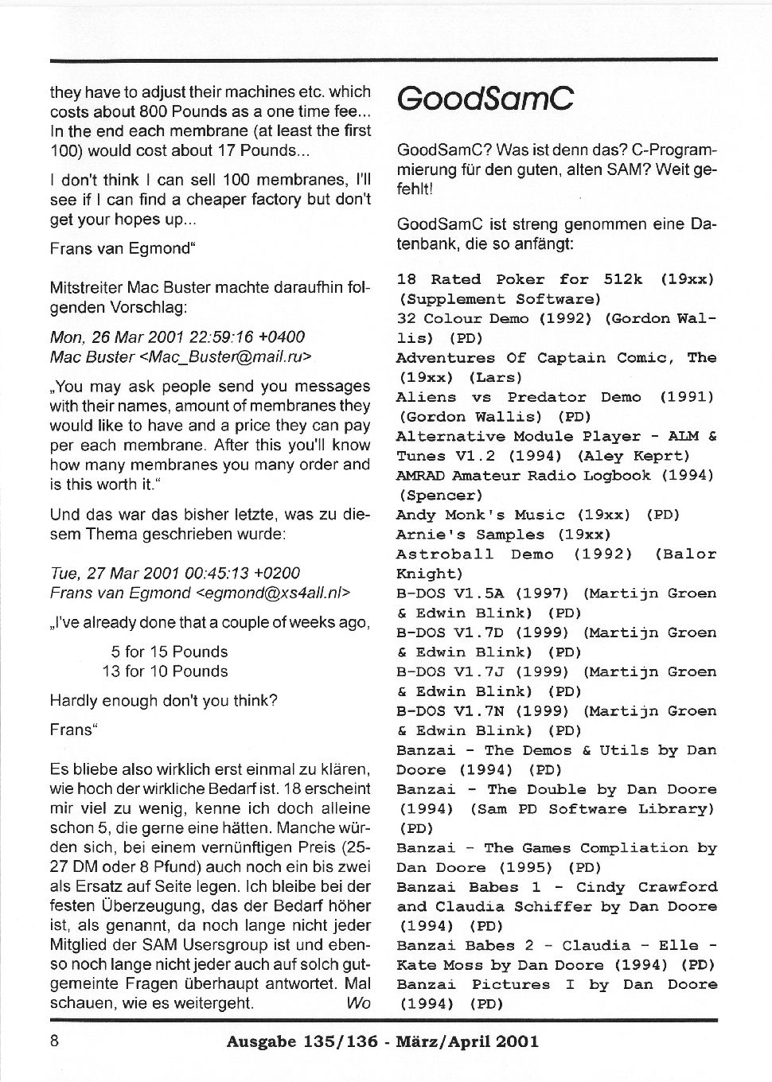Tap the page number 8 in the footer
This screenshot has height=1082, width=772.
[x=54, y=1041]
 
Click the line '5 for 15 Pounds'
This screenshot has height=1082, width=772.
[x=170, y=652]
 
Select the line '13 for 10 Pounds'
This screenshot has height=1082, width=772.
[x=165, y=671]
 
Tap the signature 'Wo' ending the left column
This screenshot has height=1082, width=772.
[x=358, y=1003]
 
